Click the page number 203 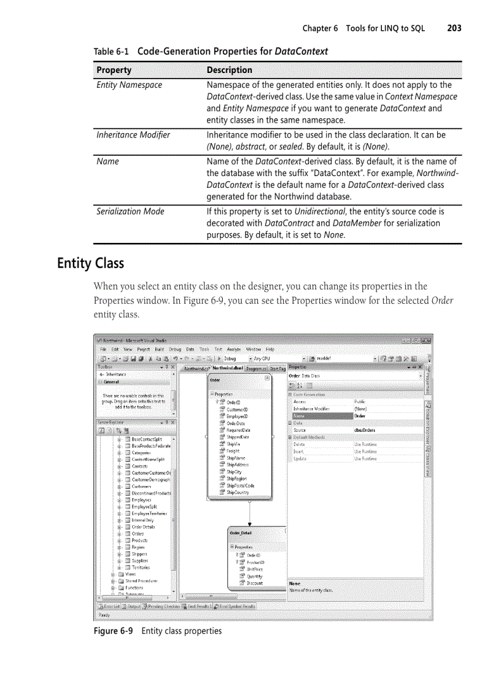pyautogui.click(x=454, y=28)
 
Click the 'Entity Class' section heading pyautogui.click(x=90, y=263)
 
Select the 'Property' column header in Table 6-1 pyautogui.click(x=114, y=70)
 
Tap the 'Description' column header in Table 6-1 pyautogui.click(x=229, y=70)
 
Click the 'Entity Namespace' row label pyautogui.click(x=129, y=85)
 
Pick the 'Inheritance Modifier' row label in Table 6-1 pyautogui.click(x=133, y=134)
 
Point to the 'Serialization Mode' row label pyautogui.click(x=130, y=212)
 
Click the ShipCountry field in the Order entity pyautogui.click(x=237, y=492)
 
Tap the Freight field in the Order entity pyautogui.click(x=233, y=451)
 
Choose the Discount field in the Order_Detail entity pyautogui.click(x=254, y=583)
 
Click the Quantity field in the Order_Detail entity pyautogui.click(x=254, y=577)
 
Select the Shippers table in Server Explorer pyautogui.click(x=139, y=554)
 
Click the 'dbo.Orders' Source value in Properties pyautogui.click(x=365, y=430)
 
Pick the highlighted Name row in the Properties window pyautogui.click(x=319, y=415)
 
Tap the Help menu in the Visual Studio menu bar pyautogui.click(x=270, y=349)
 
